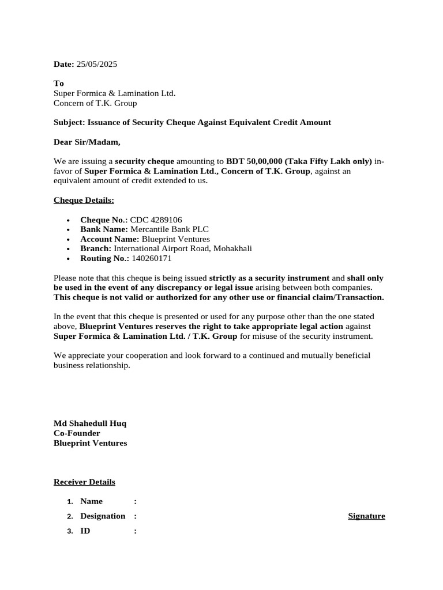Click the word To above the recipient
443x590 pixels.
59,84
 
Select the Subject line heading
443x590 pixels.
192,122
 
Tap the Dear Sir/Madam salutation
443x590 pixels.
87,142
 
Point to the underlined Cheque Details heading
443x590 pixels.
84,200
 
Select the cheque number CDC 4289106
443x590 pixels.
156,220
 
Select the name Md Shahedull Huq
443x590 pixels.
90,423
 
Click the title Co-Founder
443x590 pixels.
77,433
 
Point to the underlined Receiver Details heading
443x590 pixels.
84,482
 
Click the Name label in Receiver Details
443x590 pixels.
92,502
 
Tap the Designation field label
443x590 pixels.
103,516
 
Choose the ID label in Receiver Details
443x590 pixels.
85,531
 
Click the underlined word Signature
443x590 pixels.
366,516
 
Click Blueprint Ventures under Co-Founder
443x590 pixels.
91,443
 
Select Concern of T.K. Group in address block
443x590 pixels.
95,103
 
